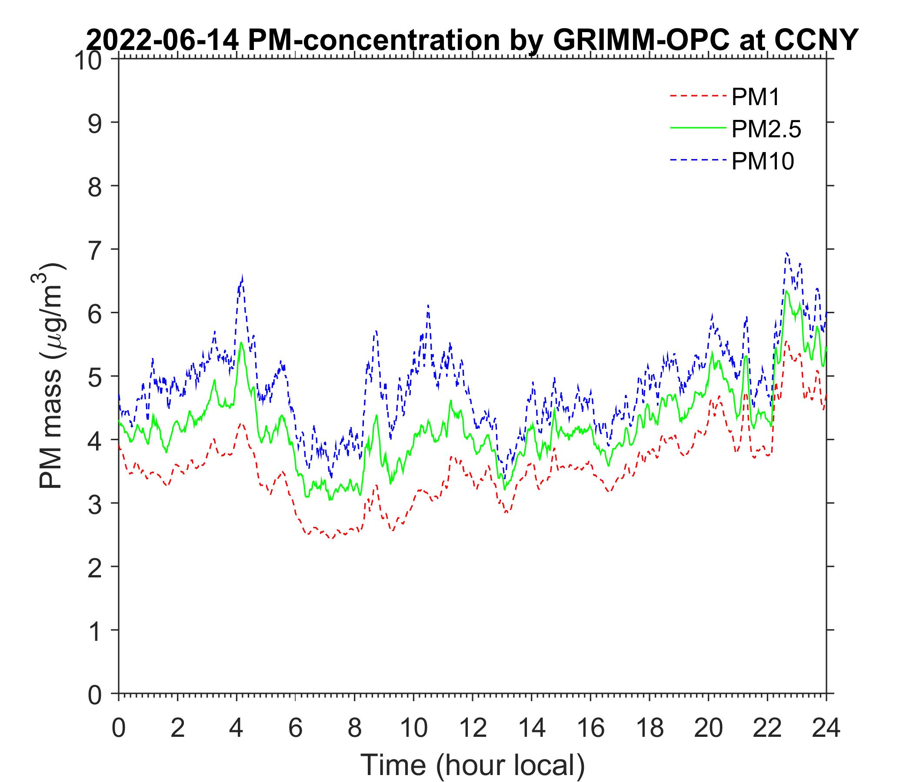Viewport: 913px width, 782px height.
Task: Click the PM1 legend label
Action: pos(755,97)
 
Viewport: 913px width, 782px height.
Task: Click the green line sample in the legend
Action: pos(697,128)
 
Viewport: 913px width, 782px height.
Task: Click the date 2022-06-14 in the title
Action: pos(163,40)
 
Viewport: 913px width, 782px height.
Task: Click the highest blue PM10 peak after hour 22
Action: pos(786,253)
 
